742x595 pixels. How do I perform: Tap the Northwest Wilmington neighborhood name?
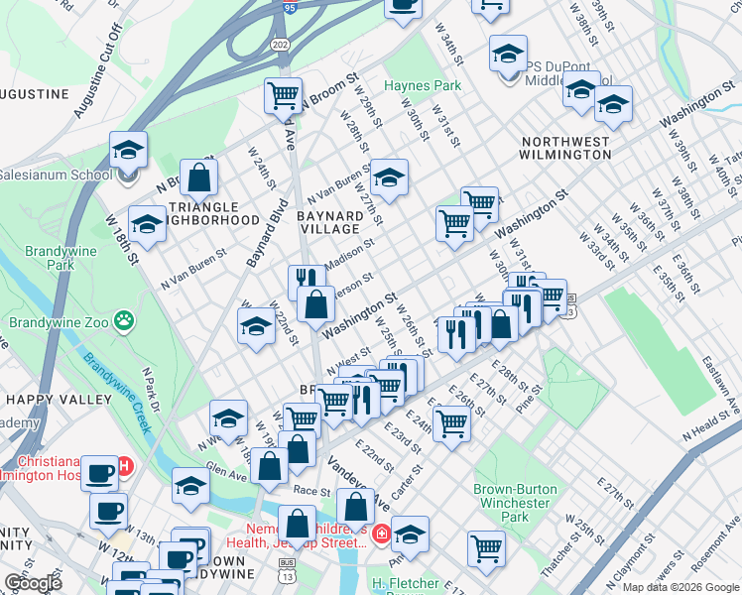(x=565, y=148)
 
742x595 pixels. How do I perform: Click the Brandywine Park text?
(x=50, y=259)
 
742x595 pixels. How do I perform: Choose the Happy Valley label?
(x=59, y=400)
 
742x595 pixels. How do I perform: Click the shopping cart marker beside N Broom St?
(x=284, y=95)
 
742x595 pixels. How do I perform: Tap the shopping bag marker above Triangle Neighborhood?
(x=199, y=178)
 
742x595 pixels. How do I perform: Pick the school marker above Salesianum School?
(x=128, y=151)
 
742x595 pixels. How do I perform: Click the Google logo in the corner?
(x=34, y=583)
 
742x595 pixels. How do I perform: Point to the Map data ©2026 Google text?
(x=680, y=587)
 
